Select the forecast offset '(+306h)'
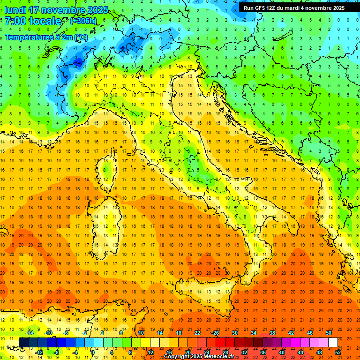[x=83, y=21]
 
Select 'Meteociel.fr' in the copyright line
[x=215, y=357]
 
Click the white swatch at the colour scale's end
[x=333, y=343]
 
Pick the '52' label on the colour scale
[x=338, y=352]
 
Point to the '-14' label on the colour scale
[x=29, y=333]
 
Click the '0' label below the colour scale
[x=93, y=352]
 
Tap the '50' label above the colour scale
[x=329, y=333]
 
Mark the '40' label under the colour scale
[x=281, y=352]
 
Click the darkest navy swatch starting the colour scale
[x=23, y=343]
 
